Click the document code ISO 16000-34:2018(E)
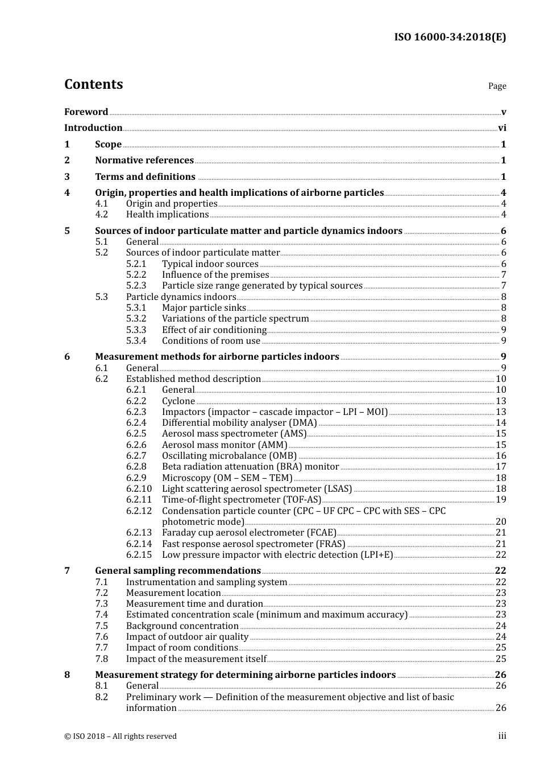(x=450, y=37)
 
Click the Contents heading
(x=93, y=84)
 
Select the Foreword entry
(x=86, y=112)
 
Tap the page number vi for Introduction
(x=502, y=128)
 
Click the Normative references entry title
(x=144, y=161)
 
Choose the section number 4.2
(x=101, y=215)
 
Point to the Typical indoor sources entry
(x=210, y=264)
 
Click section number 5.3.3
(x=136, y=330)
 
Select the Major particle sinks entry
(x=203, y=308)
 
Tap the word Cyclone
(x=178, y=401)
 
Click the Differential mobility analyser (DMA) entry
(x=239, y=423)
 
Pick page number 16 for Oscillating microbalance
(x=501, y=456)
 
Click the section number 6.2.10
(x=139, y=489)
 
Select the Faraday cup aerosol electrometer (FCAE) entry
(x=249, y=533)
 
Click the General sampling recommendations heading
(x=178, y=571)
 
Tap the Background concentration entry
(x=182, y=626)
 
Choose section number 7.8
(x=101, y=659)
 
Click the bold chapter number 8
(x=67, y=675)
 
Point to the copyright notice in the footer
(x=121, y=737)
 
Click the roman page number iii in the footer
(x=502, y=737)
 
